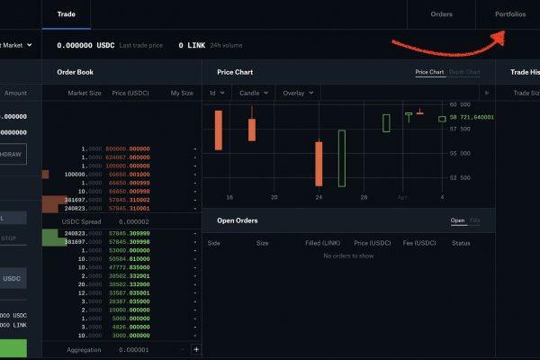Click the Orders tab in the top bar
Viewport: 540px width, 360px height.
[x=442, y=14]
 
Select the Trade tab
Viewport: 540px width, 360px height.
[x=66, y=14]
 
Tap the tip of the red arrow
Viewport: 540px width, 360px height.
[x=502, y=33]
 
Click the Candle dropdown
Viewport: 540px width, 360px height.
[x=253, y=93]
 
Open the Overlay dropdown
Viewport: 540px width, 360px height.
[x=297, y=93]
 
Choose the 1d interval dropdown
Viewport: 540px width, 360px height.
[x=217, y=93]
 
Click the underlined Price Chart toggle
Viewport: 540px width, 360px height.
[x=429, y=72]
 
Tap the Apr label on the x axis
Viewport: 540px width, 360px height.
[x=402, y=196]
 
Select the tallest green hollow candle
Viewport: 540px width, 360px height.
[x=342, y=157]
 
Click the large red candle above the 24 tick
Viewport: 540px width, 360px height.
[x=319, y=163]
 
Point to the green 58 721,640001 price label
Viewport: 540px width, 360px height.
[x=472, y=118]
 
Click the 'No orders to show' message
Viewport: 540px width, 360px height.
[x=347, y=256]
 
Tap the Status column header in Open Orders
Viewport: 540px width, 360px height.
[x=461, y=243]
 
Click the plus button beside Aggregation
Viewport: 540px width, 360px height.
[x=196, y=349]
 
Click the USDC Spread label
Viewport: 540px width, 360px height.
[x=83, y=220]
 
